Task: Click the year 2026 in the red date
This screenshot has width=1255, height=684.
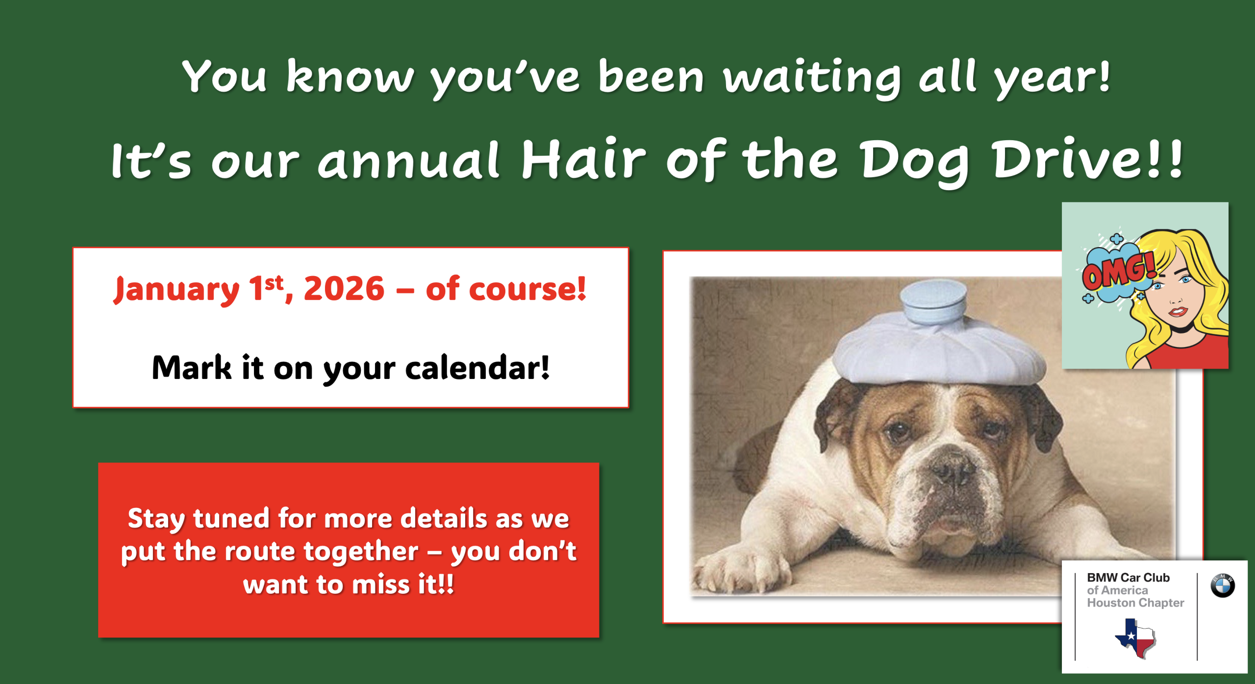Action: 344,289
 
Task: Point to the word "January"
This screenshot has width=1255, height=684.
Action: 177,290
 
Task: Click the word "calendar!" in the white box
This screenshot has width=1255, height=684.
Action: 477,368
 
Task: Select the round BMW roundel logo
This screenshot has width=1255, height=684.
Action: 1223,585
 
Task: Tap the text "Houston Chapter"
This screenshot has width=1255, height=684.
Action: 1135,603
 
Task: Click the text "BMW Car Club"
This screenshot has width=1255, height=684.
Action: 1128,578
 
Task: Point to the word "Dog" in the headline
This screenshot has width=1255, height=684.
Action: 915,162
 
